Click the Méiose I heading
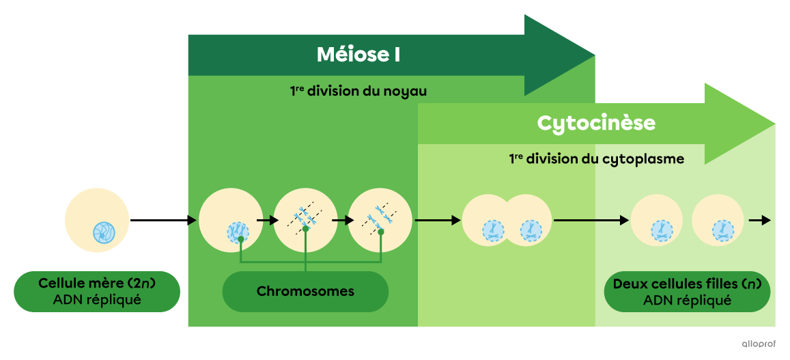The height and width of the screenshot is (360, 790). click(x=358, y=55)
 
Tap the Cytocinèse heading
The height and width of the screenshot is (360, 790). click(x=596, y=123)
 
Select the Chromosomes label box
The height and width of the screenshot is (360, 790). click(x=305, y=292)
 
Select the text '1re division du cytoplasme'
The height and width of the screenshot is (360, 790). click(x=596, y=159)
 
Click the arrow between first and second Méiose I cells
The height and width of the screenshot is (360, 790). click(x=268, y=221)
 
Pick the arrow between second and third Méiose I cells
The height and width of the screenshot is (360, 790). click(x=343, y=221)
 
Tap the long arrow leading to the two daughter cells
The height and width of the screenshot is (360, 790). click(x=591, y=221)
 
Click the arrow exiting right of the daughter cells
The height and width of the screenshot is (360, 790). click(x=759, y=221)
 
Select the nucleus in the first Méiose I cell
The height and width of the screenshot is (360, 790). click(x=238, y=232)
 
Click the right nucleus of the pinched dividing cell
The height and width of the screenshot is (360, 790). click(x=531, y=230)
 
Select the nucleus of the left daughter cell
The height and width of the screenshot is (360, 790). click(x=661, y=230)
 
